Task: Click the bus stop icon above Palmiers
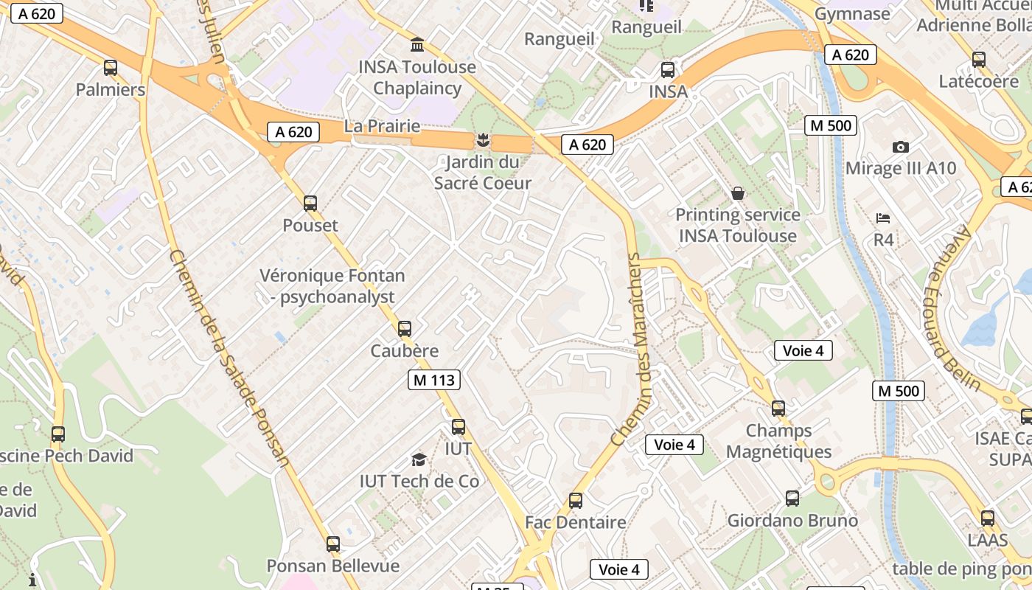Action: pyautogui.click(x=111, y=68)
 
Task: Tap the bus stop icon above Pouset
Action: pyautogui.click(x=310, y=204)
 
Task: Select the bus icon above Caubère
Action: pyautogui.click(x=405, y=329)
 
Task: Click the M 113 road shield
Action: pyautogui.click(x=434, y=380)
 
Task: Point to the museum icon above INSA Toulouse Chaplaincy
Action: pyautogui.click(x=417, y=45)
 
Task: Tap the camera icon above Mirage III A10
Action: pyautogui.click(x=900, y=147)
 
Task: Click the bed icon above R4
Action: pyautogui.click(x=883, y=218)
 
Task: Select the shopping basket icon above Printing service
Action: pyautogui.click(x=737, y=193)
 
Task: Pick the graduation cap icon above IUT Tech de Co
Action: pyautogui.click(x=419, y=460)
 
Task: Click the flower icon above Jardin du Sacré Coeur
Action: pyautogui.click(x=483, y=139)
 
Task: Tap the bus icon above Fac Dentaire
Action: pyautogui.click(x=576, y=501)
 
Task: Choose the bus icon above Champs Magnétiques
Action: pyautogui.click(x=778, y=409)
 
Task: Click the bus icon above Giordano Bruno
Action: pyautogui.click(x=792, y=499)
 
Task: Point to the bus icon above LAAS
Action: pyautogui.click(x=988, y=518)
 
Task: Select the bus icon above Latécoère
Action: pyautogui.click(x=979, y=60)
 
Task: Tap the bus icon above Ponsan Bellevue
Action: pyautogui.click(x=333, y=544)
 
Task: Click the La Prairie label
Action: pyautogui.click(x=382, y=126)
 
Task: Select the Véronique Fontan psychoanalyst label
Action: pyautogui.click(x=332, y=286)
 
